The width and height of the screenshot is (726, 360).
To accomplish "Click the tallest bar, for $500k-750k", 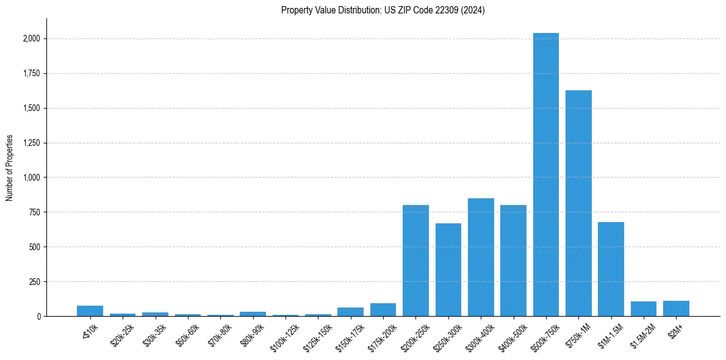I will pyautogui.click(x=545, y=175).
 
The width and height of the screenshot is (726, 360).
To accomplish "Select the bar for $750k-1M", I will pyautogui.click(x=578, y=203).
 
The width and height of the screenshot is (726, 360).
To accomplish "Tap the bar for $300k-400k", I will pyautogui.click(x=481, y=257).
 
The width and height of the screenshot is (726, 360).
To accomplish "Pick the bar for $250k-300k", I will pyautogui.click(x=448, y=270).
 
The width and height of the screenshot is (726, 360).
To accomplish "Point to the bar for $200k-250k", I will pyautogui.click(x=415, y=261).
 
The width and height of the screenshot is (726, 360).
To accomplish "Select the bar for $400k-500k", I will pyautogui.click(x=513, y=261).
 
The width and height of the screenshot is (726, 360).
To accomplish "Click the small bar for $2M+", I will pyautogui.click(x=676, y=309).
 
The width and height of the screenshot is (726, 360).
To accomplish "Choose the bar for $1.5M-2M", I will pyautogui.click(x=644, y=309).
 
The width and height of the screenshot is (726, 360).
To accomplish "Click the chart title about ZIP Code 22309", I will pyautogui.click(x=383, y=10).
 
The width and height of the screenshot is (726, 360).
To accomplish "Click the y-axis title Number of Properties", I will pyautogui.click(x=10, y=168).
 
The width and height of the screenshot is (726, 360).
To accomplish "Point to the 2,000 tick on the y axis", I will pyautogui.click(x=32, y=38).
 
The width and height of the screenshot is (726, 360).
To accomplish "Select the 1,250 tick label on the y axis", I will pyautogui.click(x=32, y=143).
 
